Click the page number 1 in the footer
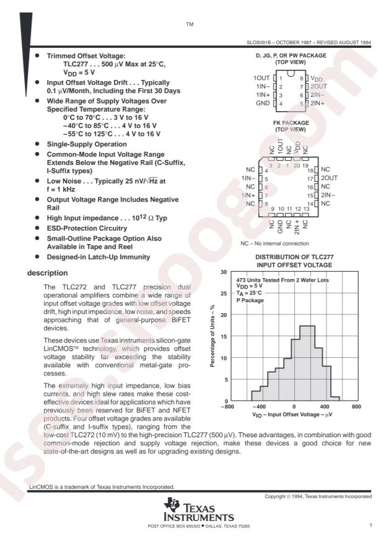370,525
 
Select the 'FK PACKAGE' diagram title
290,123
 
